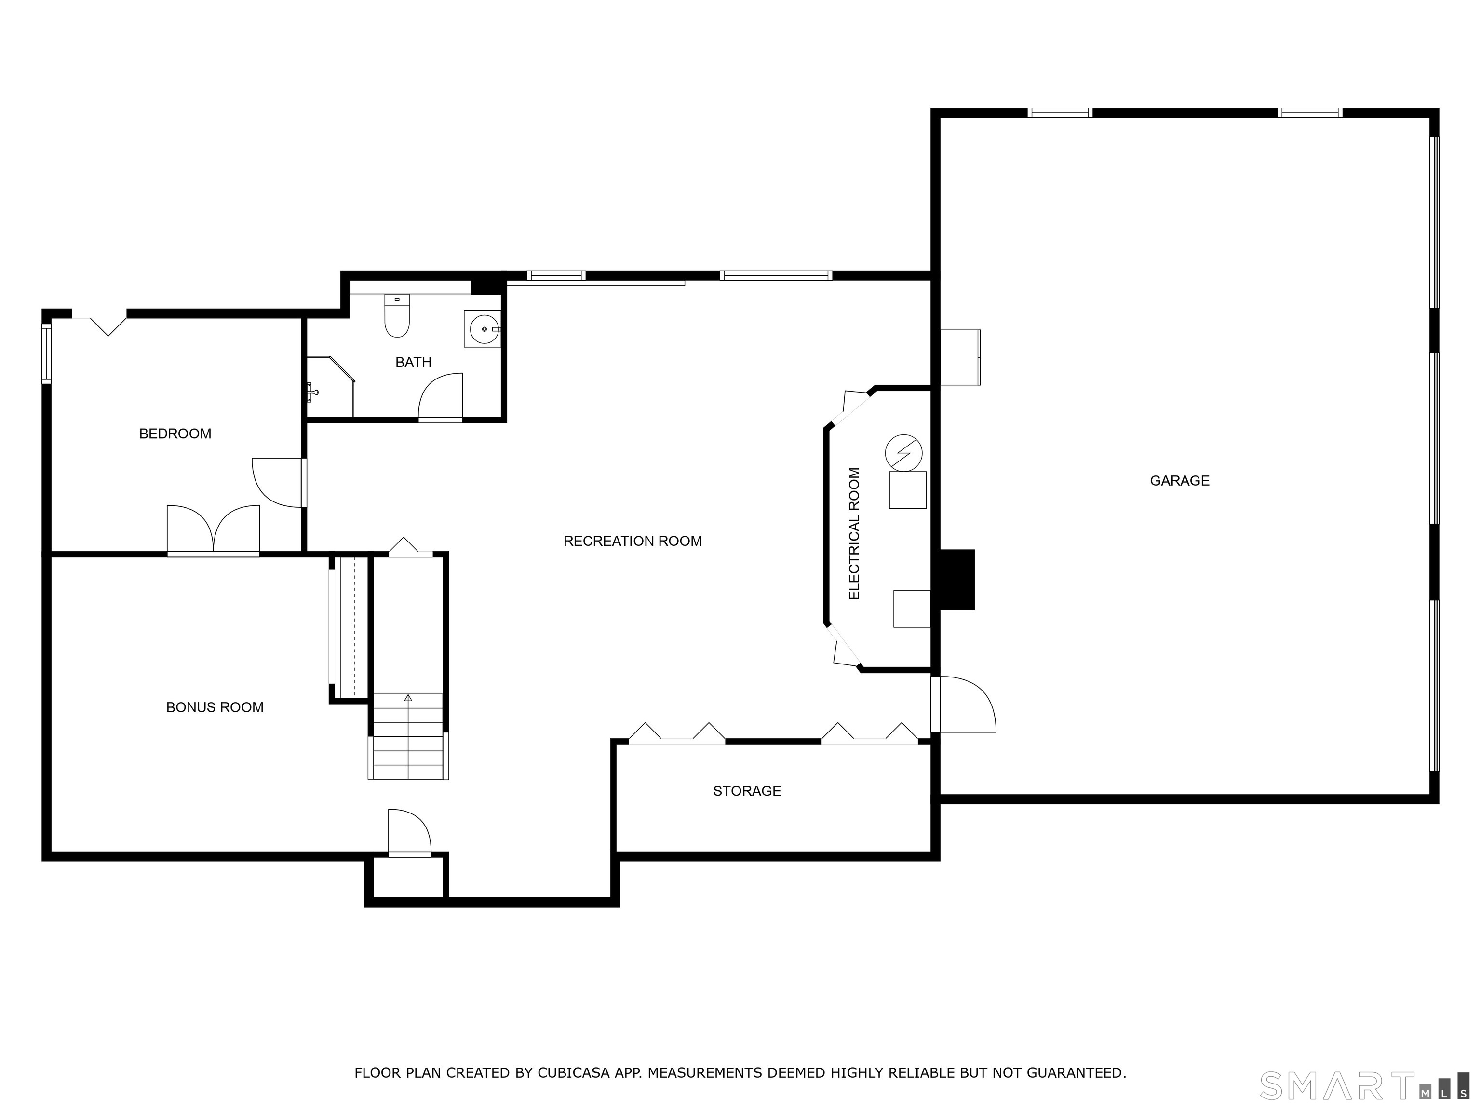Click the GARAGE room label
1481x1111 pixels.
(1179, 481)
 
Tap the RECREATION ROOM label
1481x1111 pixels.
(632, 541)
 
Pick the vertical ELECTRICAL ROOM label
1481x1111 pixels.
(854, 534)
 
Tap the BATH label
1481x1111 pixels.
(413, 362)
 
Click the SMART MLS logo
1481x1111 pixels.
(1364, 1085)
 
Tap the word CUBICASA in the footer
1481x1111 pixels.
(573, 1073)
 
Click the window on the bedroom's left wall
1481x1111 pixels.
(46, 353)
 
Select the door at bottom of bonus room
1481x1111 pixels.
(410, 832)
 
